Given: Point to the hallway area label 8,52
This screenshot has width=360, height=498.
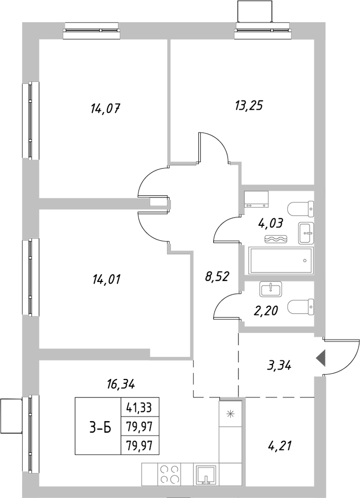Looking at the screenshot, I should [217, 277].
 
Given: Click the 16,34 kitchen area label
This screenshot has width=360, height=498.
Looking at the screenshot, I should [122, 384].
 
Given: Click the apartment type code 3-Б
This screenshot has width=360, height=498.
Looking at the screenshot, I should [97, 427].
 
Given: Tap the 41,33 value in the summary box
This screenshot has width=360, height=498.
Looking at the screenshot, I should [140, 408].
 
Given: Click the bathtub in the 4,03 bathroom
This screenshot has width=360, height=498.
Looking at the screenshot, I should [281, 260].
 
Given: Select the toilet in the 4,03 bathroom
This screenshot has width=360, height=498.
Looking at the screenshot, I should [301, 209].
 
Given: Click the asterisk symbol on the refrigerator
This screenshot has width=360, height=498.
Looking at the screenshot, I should [230, 413].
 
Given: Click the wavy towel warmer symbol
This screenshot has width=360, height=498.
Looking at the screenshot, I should [277, 239].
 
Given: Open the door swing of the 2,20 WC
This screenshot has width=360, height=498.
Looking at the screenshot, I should [226, 305].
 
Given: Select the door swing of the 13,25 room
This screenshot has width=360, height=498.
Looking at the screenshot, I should [212, 147].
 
